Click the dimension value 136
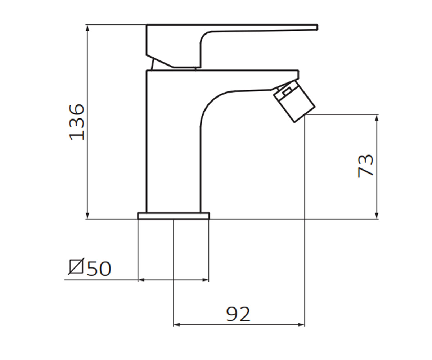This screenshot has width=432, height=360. pyautogui.click(x=77, y=122)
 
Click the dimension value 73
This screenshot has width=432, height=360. pyautogui.click(x=366, y=166)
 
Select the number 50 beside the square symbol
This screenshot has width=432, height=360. pyautogui.click(x=99, y=269)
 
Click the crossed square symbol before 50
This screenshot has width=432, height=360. pyautogui.click(x=76, y=266)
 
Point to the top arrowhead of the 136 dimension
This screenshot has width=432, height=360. pyautogui.click(x=87, y=28)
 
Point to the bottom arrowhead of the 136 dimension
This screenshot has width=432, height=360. pyautogui.click(x=87, y=215)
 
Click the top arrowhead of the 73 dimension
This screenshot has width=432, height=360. pyautogui.click(x=377, y=118)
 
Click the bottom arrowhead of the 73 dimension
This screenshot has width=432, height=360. pyautogui.click(x=377, y=215)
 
